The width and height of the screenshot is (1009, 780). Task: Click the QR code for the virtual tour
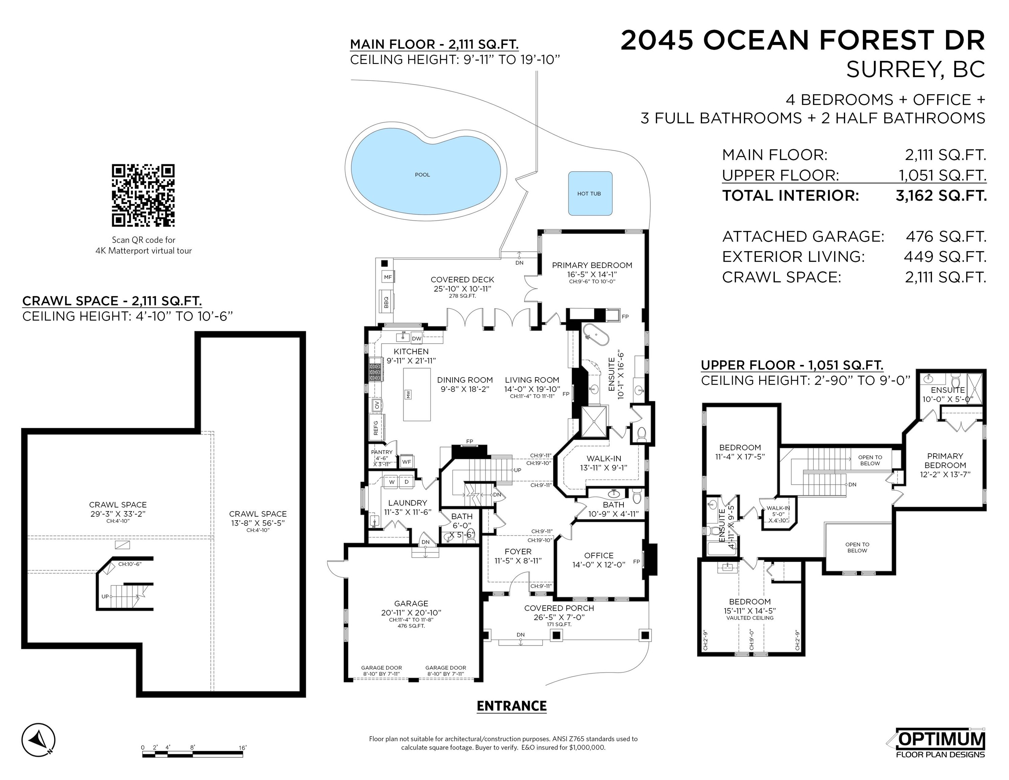point(143,195)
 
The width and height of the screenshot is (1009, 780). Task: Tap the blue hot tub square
point(590,194)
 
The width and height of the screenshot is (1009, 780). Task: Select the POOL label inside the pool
point(422,175)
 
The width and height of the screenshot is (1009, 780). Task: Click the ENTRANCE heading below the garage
point(511,706)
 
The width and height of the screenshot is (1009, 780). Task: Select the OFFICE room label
point(599,556)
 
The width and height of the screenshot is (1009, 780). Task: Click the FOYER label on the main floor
point(518,551)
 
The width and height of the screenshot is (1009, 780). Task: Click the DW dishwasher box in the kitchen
point(416,338)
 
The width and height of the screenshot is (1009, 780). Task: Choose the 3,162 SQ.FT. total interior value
point(941,195)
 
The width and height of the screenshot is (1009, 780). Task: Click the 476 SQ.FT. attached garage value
point(946,237)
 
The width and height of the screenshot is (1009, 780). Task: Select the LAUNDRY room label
point(408,503)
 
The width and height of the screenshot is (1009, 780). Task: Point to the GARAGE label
point(411,604)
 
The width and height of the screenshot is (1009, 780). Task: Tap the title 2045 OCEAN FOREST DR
point(803,40)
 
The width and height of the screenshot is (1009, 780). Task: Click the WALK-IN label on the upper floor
point(778,508)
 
